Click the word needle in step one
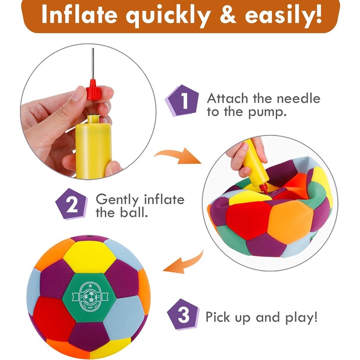(x=299, y=99)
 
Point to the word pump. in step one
(x=266, y=112)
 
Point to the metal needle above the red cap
(x=93, y=63)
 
